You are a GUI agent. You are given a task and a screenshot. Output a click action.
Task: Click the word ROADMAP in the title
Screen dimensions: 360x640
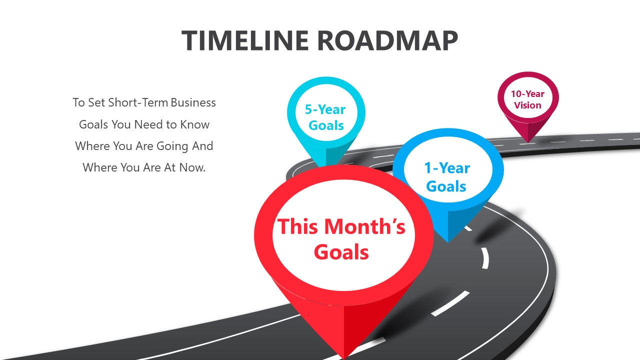click(x=387, y=41)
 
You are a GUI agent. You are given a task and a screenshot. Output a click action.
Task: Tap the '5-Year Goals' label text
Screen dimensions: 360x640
click(x=326, y=117)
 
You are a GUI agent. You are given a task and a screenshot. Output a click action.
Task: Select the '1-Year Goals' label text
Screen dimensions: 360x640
click(x=447, y=177)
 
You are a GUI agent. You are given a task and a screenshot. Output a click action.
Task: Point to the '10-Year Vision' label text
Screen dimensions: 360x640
click(x=527, y=99)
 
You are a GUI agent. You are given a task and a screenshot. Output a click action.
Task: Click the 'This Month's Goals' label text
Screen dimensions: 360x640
click(x=341, y=239)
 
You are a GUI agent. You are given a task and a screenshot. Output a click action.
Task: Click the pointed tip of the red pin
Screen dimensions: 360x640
click(x=344, y=357)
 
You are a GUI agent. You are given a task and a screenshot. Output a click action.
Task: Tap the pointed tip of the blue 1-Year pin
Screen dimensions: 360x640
click(x=448, y=241)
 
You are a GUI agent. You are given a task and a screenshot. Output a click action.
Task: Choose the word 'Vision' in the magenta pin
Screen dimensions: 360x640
click(x=527, y=105)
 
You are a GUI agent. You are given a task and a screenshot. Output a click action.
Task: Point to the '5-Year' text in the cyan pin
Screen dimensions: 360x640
click(x=325, y=109)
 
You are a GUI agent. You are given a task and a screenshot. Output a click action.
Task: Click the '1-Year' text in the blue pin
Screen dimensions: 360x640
click(x=447, y=168)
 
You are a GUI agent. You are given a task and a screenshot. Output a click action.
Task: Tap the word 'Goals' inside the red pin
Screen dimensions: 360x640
click(x=341, y=252)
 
